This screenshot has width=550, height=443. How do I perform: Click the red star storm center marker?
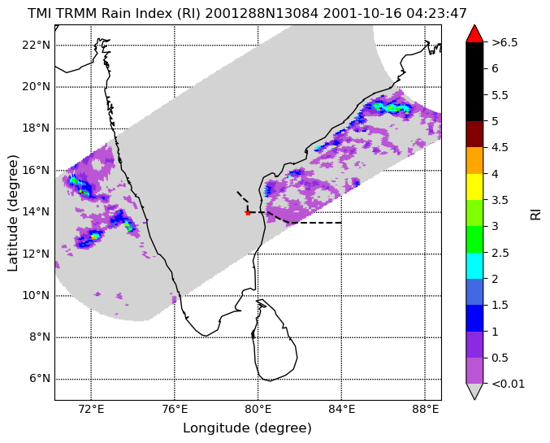(248, 212)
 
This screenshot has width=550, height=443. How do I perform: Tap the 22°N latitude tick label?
(37, 46)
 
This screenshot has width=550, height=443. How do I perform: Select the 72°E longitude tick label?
(91, 410)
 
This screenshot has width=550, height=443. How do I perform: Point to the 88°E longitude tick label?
(425, 410)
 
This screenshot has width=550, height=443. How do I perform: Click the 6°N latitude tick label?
(40, 379)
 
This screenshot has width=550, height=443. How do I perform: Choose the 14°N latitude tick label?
(37, 212)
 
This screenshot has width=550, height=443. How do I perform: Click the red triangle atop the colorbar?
(474, 33)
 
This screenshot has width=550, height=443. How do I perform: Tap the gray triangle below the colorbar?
(474, 392)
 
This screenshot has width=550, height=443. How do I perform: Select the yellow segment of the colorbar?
(474, 187)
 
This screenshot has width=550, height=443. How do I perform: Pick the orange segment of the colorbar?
(474, 160)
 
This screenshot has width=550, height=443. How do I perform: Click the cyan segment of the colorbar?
(474, 266)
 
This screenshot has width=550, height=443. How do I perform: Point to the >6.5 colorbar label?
(505, 42)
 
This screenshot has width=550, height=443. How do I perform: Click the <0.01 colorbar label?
(509, 384)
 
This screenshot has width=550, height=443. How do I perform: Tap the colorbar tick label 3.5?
(500, 200)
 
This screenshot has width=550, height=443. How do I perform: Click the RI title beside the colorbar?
(536, 213)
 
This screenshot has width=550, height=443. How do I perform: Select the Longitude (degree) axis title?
(247, 428)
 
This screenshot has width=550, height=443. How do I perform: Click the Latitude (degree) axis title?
(13, 213)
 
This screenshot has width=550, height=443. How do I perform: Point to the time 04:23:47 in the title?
(437, 14)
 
